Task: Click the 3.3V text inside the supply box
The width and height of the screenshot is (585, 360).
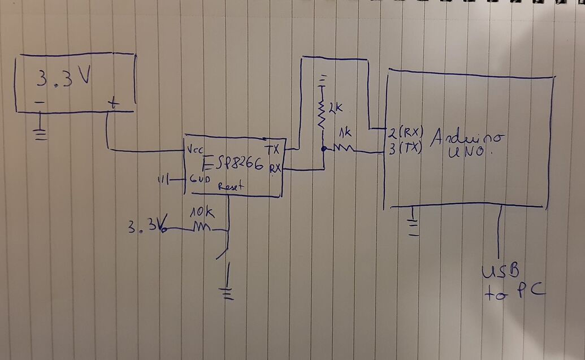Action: pyautogui.click(x=64, y=79)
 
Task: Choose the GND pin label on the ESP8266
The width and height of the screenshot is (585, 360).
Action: pyautogui.click(x=197, y=180)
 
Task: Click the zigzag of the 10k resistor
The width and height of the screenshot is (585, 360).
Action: pyautogui.click(x=201, y=228)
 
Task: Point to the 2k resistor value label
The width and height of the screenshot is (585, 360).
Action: pyautogui.click(x=335, y=106)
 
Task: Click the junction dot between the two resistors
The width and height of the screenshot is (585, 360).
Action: pyautogui.click(x=323, y=149)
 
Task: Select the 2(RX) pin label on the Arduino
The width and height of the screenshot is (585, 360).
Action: pyautogui.click(x=405, y=133)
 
